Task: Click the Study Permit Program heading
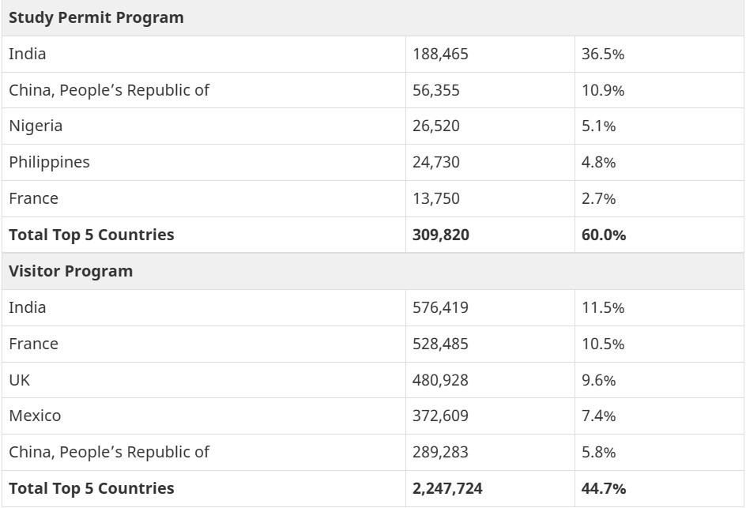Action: [x=96, y=17]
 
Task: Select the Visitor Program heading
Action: [x=71, y=271]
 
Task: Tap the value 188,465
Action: [x=435, y=54]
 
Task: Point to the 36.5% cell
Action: [x=603, y=54]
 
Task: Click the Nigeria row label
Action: [x=36, y=126]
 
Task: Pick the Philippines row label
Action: [x=49, y=162]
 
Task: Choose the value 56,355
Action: [x=436, y=90]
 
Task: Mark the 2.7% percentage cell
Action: [x=599, y=198]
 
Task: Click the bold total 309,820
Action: [x=441, y=235]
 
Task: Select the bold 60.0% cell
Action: [x=604, y=235]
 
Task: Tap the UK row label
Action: [x=20, y=380]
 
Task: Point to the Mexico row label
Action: [x=35, y=416]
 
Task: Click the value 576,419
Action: [x=440, y=307]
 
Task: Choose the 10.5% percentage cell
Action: [x=603, y=344]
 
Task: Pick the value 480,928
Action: [x=440, y=380]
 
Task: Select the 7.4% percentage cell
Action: [x=599, y=416]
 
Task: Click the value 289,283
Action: [x=440, y=452]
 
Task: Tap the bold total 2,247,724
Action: [x=447, y=488]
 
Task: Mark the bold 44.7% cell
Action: [x=604, y=488]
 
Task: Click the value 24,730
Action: [x=436, y=162]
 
